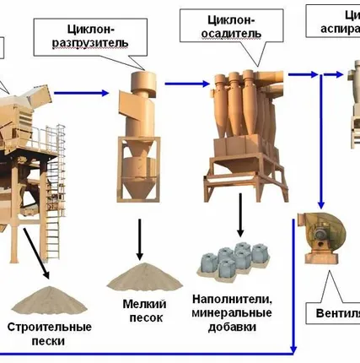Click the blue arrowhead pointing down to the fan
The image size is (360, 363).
point(321,203)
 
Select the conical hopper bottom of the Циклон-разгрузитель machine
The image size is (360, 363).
point(137,187)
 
